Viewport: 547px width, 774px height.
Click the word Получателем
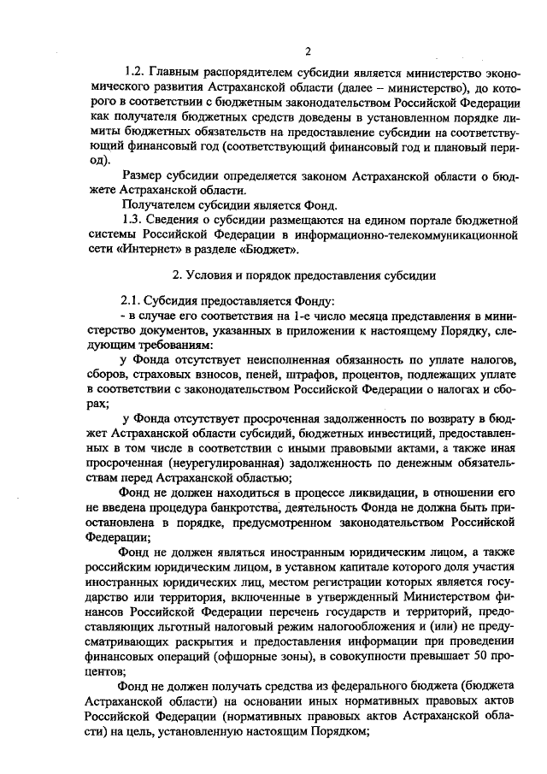coord(164,204)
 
